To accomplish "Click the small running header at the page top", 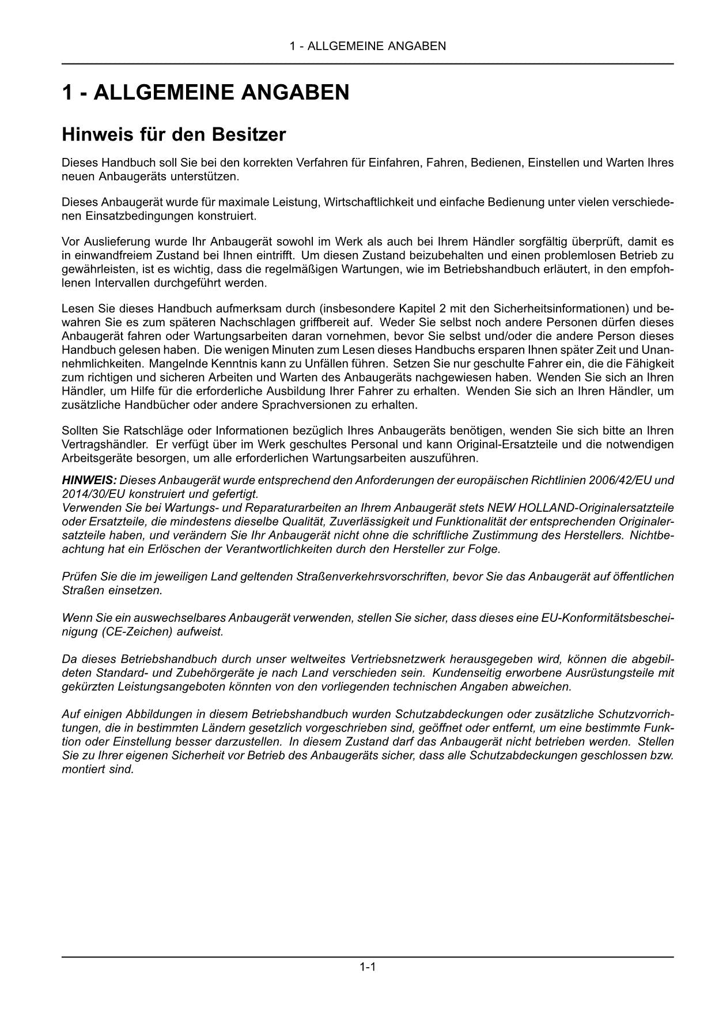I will (368, 46).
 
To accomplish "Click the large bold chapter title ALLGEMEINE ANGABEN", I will (206, 92).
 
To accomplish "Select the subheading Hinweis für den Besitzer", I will (173, 135).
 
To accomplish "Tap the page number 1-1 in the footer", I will (368, 967).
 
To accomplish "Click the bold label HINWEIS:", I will (89, 480).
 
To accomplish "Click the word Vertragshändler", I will (101, 444).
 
